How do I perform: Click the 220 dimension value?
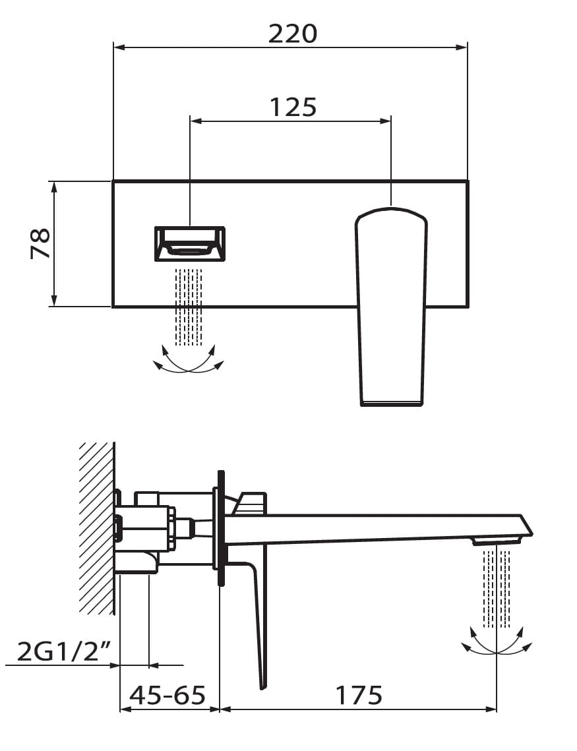[x=293, y=34]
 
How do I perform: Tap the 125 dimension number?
[x=293, y=107]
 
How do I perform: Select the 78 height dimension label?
[x=41, y=244]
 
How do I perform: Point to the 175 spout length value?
[x=359, y=695]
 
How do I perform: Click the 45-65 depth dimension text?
[x=167, y=695]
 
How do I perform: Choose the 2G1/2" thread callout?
[x=65, y=651]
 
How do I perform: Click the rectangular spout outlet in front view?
[x=190, y=244]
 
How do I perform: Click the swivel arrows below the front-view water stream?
[x=188, y=359]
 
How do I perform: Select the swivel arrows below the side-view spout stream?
[x=497, y=640]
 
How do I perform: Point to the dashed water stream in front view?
[x=188, y=307]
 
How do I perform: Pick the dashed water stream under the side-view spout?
[x=497, y=589]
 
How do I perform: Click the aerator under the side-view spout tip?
[x=497, y=541]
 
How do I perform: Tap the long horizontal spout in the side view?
[x=379, y=529]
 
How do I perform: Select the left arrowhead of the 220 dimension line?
[x=119, y=47]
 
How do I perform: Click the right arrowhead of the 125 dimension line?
[x=386, y=121]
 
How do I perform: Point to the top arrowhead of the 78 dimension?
[x=54, y=187]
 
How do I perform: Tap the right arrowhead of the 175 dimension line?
[x=491, y=709]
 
